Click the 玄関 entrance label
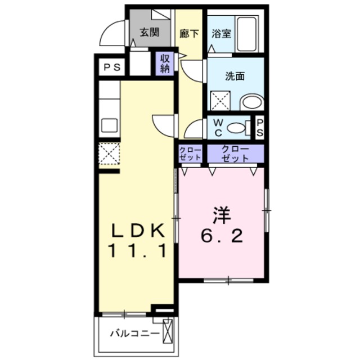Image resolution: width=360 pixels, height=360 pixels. pyautogui.click(x=148, y=32)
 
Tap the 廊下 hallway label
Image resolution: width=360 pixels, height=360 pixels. pyautogui.click(x=188, y=32)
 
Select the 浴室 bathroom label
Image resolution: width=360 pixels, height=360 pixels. pyautogui.click(x=220, y=32)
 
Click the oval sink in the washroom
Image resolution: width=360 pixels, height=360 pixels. pyautogui.click(x=251, y=102)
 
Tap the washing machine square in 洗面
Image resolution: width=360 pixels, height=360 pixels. pyautogui.click(x=219, y=101)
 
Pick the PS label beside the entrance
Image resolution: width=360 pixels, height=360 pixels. pyautogui.click(x=111, y=67)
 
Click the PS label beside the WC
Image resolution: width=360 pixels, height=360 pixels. pyautogui.click(x=260, y=127)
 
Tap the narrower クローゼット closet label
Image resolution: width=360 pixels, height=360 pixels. pyautogui.click(x=191, y=154)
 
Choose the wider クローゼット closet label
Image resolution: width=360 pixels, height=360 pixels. pyautogui.click(x=235, y=154)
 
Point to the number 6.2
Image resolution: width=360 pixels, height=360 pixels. pyautogui.click(x=222, y=236)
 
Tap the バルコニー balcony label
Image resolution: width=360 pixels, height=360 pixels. pyautogui.click(x=134, y=333)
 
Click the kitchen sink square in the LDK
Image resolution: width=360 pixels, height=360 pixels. pyautogui.click(x=108, y=124)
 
